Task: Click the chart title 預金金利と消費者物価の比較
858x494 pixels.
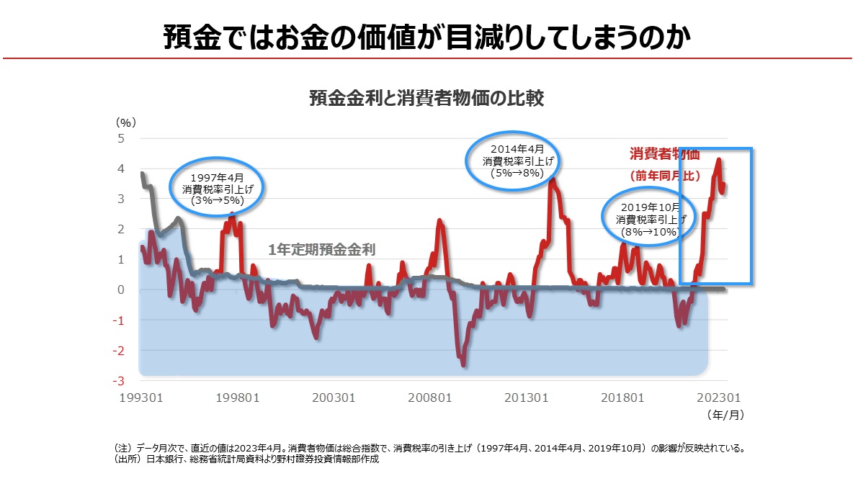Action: [x=426, y=98]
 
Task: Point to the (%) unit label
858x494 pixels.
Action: [x=126, y=122]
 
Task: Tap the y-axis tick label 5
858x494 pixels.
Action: [x=121, y=138]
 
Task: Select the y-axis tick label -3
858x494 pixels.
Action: [x=120, y=381]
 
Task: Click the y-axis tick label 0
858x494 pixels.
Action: [x=121, y=289]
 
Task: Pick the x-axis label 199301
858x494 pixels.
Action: [x=142, y=398]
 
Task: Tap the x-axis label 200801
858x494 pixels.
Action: [x=430, y=398]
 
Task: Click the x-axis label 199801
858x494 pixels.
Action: [x=238, y=398]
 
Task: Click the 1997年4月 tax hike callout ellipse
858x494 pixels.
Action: [x=217, y=188]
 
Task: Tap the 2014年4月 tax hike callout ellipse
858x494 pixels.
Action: [x=514, y=160]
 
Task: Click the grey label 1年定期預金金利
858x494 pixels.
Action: [x=322, y=250]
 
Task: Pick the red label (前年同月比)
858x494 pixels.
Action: [x=664, y=175]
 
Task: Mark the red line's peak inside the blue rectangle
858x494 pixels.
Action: [x=718, y=160]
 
